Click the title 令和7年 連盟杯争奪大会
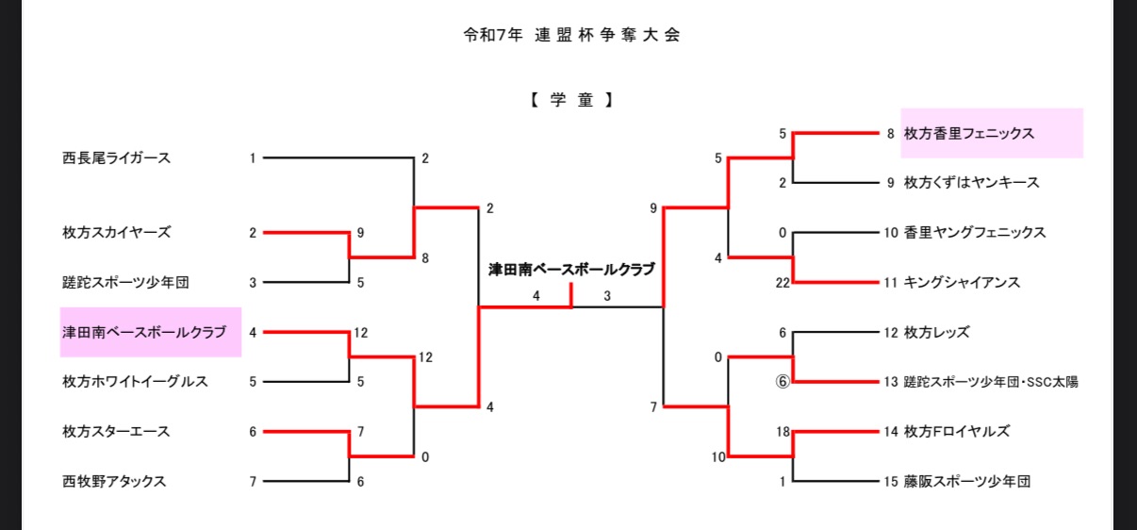coord(571,36)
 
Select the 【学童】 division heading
coord(571,100)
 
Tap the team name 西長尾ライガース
coord(116,158)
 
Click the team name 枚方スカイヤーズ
coord(116,232)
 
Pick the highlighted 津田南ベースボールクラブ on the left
coord(144,332)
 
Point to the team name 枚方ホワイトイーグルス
coord(135,382)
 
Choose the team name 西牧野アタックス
coord(114,481)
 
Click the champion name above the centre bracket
coord(571,269)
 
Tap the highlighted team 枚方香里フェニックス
coord(969,133)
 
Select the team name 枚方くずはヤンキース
coord(972,183)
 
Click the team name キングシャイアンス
coord(962,282)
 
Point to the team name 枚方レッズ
coord(936,332)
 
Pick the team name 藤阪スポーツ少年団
coord(967,481)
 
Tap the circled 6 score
coord(782,382)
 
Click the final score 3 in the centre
coord(607,296)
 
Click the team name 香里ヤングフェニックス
coord(975,232)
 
